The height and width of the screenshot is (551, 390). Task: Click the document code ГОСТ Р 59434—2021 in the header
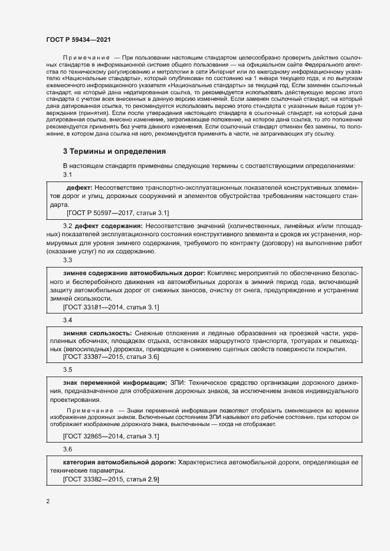[78, 38]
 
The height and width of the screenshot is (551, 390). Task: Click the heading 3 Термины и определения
[114, 151]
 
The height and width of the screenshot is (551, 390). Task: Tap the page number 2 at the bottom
[48, 501]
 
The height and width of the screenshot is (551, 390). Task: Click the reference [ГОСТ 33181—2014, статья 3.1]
[111, 308]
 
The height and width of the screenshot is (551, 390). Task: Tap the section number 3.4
[67, 320]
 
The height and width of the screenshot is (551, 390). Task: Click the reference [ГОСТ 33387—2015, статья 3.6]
[111, 357]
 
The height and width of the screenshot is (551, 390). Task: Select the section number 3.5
[67, 369]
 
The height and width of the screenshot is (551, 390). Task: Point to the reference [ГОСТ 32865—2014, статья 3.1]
[111, 436]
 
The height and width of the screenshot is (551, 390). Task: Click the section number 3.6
[67, 449]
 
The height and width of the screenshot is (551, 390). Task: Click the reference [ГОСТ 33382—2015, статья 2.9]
[111, 480]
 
